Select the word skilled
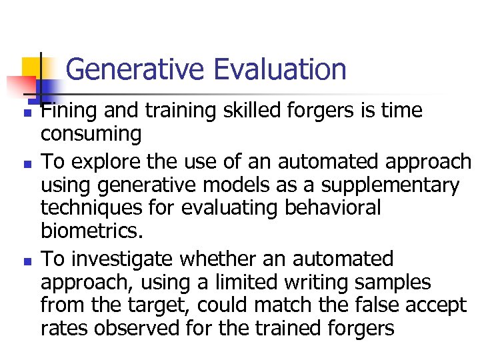pos(239,111)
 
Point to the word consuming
pos(91,135)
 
